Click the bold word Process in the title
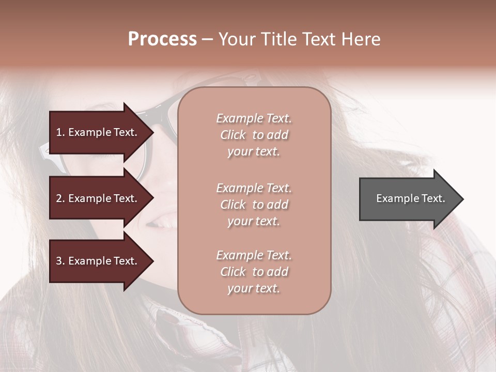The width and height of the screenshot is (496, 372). [x=162, y=39]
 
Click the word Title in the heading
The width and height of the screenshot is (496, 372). [x=279, y=39]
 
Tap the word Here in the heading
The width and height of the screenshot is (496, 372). [x=361, y=39]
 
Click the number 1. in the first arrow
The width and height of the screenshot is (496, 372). [x=60, y=132]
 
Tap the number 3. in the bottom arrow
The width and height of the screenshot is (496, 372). [x=60, y=261]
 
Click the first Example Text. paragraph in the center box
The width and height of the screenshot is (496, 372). [x=254, y=135]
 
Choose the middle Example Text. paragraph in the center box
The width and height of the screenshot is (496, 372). [x=254, y=205]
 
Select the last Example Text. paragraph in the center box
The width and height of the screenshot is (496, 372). [x=254, y=272]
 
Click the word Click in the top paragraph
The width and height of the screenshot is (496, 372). [x=233, y=135]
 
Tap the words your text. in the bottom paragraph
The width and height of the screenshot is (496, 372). [x=254, y=288]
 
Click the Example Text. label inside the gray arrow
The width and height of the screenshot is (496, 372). [x=410, y=198]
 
